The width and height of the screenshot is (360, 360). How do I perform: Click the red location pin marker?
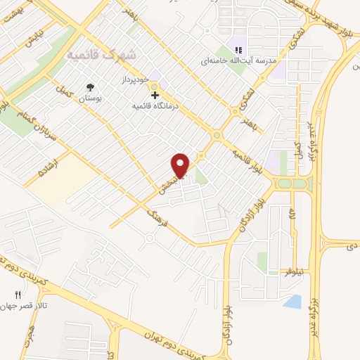coord(181,165)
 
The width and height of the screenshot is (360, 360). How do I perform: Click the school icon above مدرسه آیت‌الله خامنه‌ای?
coord(238,50)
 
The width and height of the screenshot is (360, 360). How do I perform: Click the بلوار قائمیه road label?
coord(250,157)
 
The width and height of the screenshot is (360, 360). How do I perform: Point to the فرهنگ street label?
coord(156,217)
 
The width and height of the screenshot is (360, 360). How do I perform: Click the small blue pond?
coord(292,302)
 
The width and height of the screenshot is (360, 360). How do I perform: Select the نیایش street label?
coord(34,37)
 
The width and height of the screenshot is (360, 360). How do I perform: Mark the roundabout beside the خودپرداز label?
coord(154,86)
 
